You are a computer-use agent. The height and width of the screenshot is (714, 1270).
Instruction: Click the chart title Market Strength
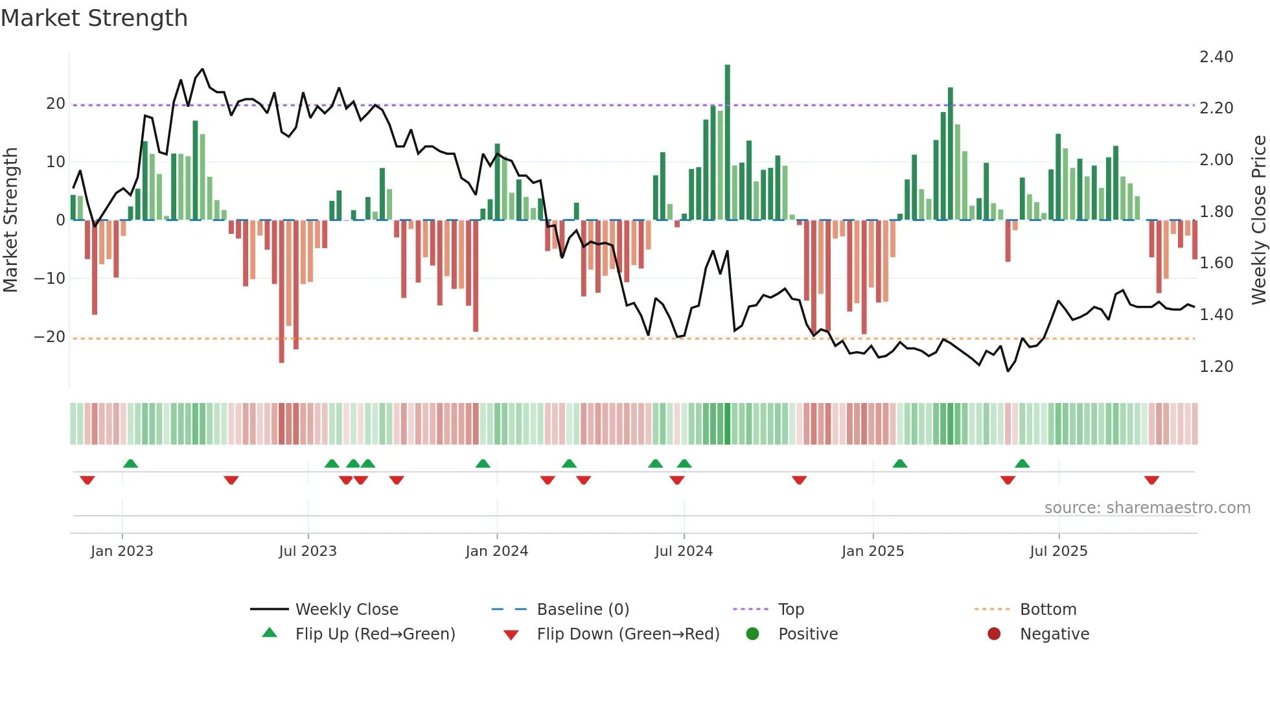tap(94, 18)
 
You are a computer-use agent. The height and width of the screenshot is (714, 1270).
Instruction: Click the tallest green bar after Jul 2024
tap(727, 143)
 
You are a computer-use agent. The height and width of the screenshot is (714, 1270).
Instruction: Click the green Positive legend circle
tap(752, 634)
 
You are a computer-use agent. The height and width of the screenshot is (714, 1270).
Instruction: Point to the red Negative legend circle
tap(994, 634)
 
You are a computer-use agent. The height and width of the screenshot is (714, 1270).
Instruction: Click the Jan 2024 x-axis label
tap(496, 551)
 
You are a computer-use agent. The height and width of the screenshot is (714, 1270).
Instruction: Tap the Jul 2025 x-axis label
tap(1058, 551)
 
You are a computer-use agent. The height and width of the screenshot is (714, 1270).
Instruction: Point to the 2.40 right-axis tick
tap(1216, 57)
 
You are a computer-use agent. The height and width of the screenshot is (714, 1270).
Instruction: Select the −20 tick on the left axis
tap(50, 337)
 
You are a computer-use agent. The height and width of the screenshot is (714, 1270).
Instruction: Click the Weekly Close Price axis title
tap(1258, 220)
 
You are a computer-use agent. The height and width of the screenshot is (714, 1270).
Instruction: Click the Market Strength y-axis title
tap(11, 220)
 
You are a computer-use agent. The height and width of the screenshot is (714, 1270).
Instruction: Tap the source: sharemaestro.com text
tap(1147, 508)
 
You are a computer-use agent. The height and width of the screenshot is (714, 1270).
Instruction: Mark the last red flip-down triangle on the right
tap(1151, 480)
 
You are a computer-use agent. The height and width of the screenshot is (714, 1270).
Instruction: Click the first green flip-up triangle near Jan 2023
tap(130, 463)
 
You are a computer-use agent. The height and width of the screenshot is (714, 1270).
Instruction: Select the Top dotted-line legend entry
tap(791, 610)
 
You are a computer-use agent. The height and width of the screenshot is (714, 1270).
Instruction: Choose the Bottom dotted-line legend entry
tap(1048, 610)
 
